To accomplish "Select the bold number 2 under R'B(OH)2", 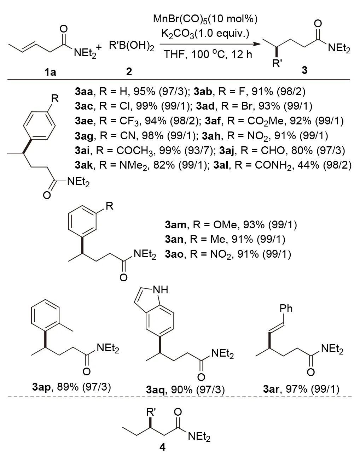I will (129, 72).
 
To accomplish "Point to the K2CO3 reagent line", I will (205, 34).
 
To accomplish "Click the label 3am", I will (176, 224).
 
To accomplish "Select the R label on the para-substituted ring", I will (53, 98).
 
